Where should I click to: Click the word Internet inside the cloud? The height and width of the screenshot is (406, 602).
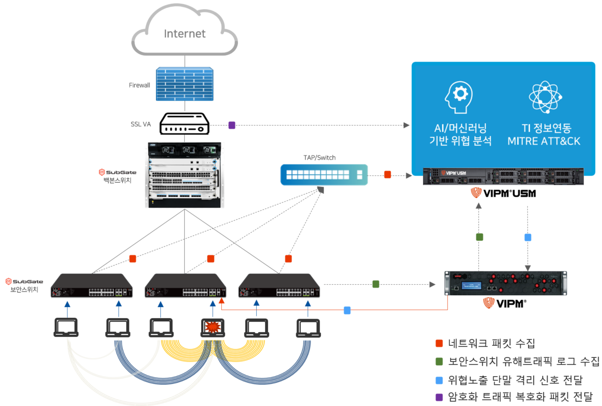[185, 34]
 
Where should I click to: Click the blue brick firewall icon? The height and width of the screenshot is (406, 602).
[185, 85]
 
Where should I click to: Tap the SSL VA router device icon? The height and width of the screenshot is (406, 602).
[185, 124]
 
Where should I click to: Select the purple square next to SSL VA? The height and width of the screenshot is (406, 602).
[232, 125]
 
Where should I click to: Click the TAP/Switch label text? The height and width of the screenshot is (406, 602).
[319, 158]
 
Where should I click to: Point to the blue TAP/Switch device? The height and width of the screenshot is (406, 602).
[324, 175]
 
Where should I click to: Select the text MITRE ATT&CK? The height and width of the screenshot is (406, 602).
[544, 141]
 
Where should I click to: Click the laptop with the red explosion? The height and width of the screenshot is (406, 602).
[213, 327]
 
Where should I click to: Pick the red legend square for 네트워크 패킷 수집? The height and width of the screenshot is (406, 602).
[439, 343]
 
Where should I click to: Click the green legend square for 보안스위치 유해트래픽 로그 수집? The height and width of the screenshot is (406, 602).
[439, 361]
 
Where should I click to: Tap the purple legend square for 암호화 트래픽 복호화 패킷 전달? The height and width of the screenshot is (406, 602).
[439, 397]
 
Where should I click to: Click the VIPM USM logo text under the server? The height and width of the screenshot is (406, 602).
[503, 193]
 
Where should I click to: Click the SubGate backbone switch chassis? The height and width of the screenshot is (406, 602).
[185, 175]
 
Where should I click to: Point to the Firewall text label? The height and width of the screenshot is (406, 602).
[140, 85]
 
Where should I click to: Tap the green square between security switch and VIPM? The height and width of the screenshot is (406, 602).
[376, 284]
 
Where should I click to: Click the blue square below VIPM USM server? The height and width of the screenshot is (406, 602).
[528, 238]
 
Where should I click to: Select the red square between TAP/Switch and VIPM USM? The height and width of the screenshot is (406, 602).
[388, 175]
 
